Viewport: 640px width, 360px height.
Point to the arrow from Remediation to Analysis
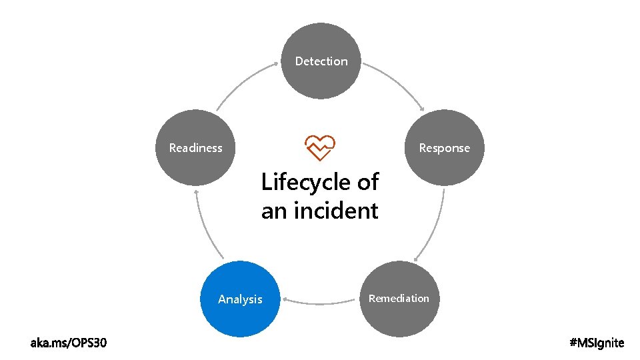pyautogui.click(x=321, y=303)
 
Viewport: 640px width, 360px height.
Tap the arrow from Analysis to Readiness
pyautogui.click(x=205, y=227)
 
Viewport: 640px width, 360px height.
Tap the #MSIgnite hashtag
pyautogui.click(x=597, y=343)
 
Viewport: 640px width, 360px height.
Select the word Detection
pyautogui.click(x=321, y=61)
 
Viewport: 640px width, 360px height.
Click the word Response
pyautogui.click(x=444, y=148)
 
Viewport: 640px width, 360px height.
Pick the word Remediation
pyautogui.click(x=399, y=298)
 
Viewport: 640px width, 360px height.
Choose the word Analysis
pyautogui.click(x=240, y=299)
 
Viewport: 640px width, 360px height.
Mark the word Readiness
pyautogui.click(x=196, y=148)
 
